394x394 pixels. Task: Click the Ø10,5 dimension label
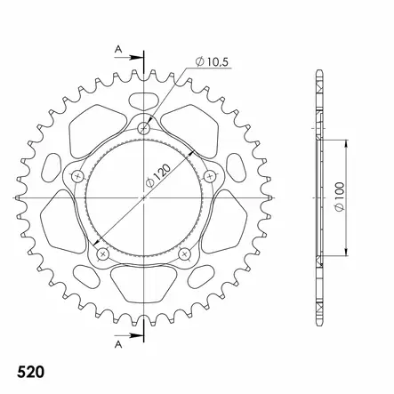pyautogui.click(x=212, y=61)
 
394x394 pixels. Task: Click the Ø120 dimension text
pyautogui.click(x=158, y=176)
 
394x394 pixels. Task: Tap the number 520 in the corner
pyautogui.click(x=30, y=372)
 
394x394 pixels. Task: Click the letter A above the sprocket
pyautogui.click(x=118, y=49)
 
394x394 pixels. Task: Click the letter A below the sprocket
pyautogui.click(x=118, y=344)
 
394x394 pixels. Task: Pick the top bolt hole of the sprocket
pyautogui.click(x=144, y=128)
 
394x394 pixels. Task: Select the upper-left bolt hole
pyautogui.click(x=78, y=177)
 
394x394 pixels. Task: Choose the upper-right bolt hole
pyautogui.click(x=210, y=177)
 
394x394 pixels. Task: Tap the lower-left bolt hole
pyautogui.click(x=103, y=253)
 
